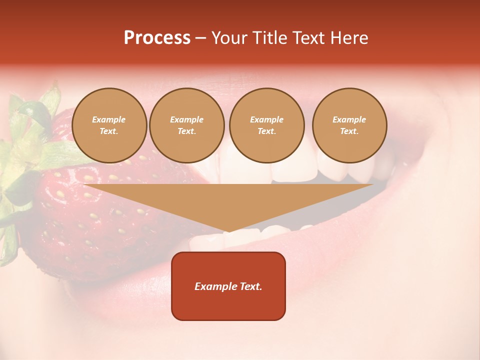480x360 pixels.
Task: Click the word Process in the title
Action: pyautogui.click(x=157, y=38)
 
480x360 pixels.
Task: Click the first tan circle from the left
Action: pyautogui.click(x=109, y=125)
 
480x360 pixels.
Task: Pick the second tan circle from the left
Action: pyautogui.click(x=186, y=125)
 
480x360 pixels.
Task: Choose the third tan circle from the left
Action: pyautogui.click(x=266, y=125)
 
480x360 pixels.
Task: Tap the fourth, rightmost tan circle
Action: pyautogui.click(x=349, y=125)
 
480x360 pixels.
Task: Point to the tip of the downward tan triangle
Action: pyautogui.click(x=228, y=231)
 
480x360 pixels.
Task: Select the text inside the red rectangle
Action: pyautogui.click(x=228, y=286)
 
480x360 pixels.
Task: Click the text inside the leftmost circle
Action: pyautogui.click(x=109, y=125)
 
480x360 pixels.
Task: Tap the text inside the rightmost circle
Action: pyautogui.click(x=349, y=125)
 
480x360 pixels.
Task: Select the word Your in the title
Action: pyautogui.click(x=229, y=38)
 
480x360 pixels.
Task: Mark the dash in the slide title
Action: pyautogui.click(x=200, y=38)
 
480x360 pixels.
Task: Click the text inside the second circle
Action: pyautogui.click(x=186, y=125)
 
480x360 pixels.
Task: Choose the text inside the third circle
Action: pyautogui.click(x=266, y=125)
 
